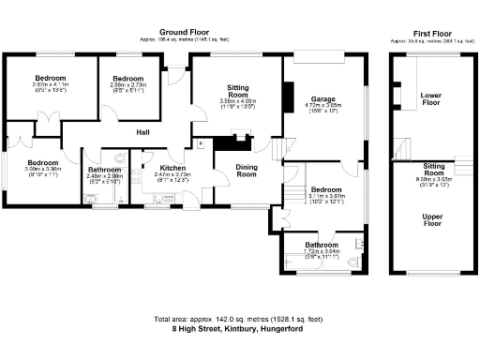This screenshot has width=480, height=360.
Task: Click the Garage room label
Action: coord(324,98)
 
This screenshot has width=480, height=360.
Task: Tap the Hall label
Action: coord(143,132)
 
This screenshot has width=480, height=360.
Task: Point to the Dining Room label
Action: coord(247,170)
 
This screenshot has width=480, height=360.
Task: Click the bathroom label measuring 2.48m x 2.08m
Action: coord(105,170)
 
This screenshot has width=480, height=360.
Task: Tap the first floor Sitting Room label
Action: coord(433,173)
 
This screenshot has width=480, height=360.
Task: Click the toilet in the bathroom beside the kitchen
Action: coord(90,197)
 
